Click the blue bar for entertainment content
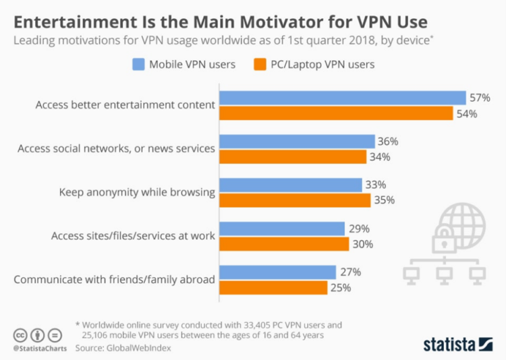343,98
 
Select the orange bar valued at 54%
336,113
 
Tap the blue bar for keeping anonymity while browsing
290,185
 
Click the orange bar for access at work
284,244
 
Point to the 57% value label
480,98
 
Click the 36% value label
388,142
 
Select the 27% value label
349,272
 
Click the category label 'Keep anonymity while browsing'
137,192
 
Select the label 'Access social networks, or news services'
117,148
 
